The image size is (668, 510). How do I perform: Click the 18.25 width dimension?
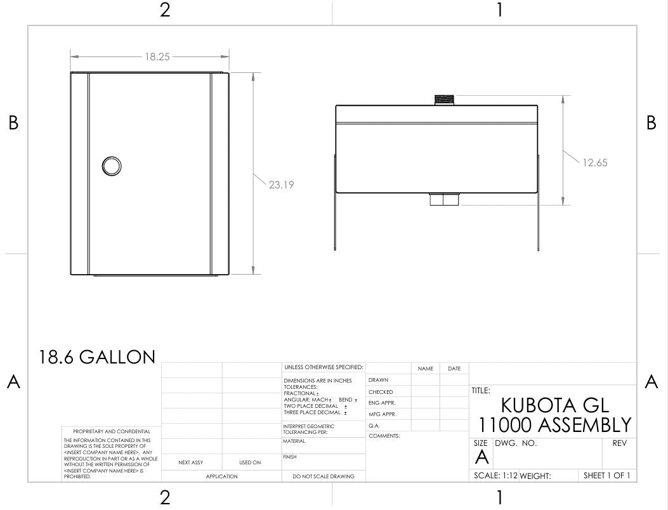(x=157, y=56)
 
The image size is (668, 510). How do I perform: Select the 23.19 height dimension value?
(x=281, y=185)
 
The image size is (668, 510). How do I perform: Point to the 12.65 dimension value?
(x=594, y=163)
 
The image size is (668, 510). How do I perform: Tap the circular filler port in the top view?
(x=112, y=166)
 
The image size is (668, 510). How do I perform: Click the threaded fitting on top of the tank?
(x=444, y=100)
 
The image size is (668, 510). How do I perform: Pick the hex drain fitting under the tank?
(x=444, y=199)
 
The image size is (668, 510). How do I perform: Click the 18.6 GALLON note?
(x=97, y=357)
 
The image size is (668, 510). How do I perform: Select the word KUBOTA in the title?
(x=536, y=405)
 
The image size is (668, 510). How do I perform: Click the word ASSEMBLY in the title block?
(x=584, y=425)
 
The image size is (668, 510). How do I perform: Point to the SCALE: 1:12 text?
(x=495, y=476)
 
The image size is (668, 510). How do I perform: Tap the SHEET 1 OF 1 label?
(x=606, y=476)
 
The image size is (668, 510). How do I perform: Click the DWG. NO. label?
(x=516, y=443)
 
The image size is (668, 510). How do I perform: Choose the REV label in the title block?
(x=619, y=443)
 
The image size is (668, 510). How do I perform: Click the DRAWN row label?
(x=378, y=380)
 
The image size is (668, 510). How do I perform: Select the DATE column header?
(x=454, y=369)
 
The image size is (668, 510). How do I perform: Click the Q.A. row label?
(x=374, y=426)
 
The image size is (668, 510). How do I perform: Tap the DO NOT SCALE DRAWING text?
(x=324, y=476)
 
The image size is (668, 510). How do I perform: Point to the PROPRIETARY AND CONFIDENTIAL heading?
(x=112, y=431)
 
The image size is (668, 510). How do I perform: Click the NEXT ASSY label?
(x=190, y=462)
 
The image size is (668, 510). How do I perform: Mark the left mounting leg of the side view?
(x=336, y=202)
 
